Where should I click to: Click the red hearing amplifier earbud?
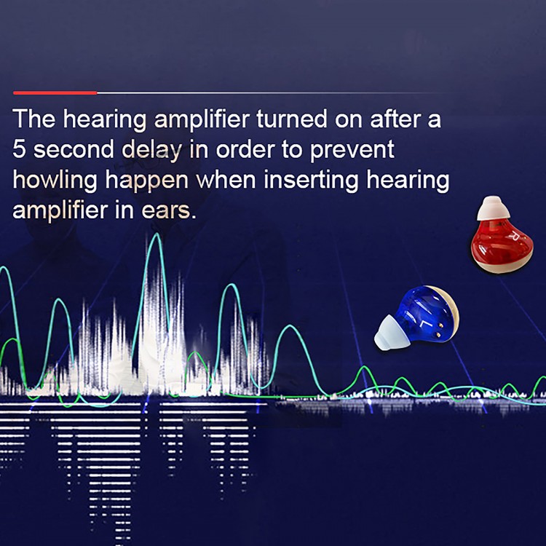coord(502,237)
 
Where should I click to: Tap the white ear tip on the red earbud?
coord(493,208)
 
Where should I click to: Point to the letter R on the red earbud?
coord(514,236)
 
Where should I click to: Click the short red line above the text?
coord(55,92)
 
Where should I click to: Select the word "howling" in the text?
coord(55,181)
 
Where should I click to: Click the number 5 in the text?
coord(19,149)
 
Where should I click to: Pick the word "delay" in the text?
coord(152,151)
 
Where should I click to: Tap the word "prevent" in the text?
coord(352,151)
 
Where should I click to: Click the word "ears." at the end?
coord(169,210)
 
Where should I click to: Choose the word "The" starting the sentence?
coord(34,119)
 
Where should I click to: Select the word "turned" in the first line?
coord(292,119)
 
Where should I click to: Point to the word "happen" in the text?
coord(146,181)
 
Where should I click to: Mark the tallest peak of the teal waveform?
coord(158,234)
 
